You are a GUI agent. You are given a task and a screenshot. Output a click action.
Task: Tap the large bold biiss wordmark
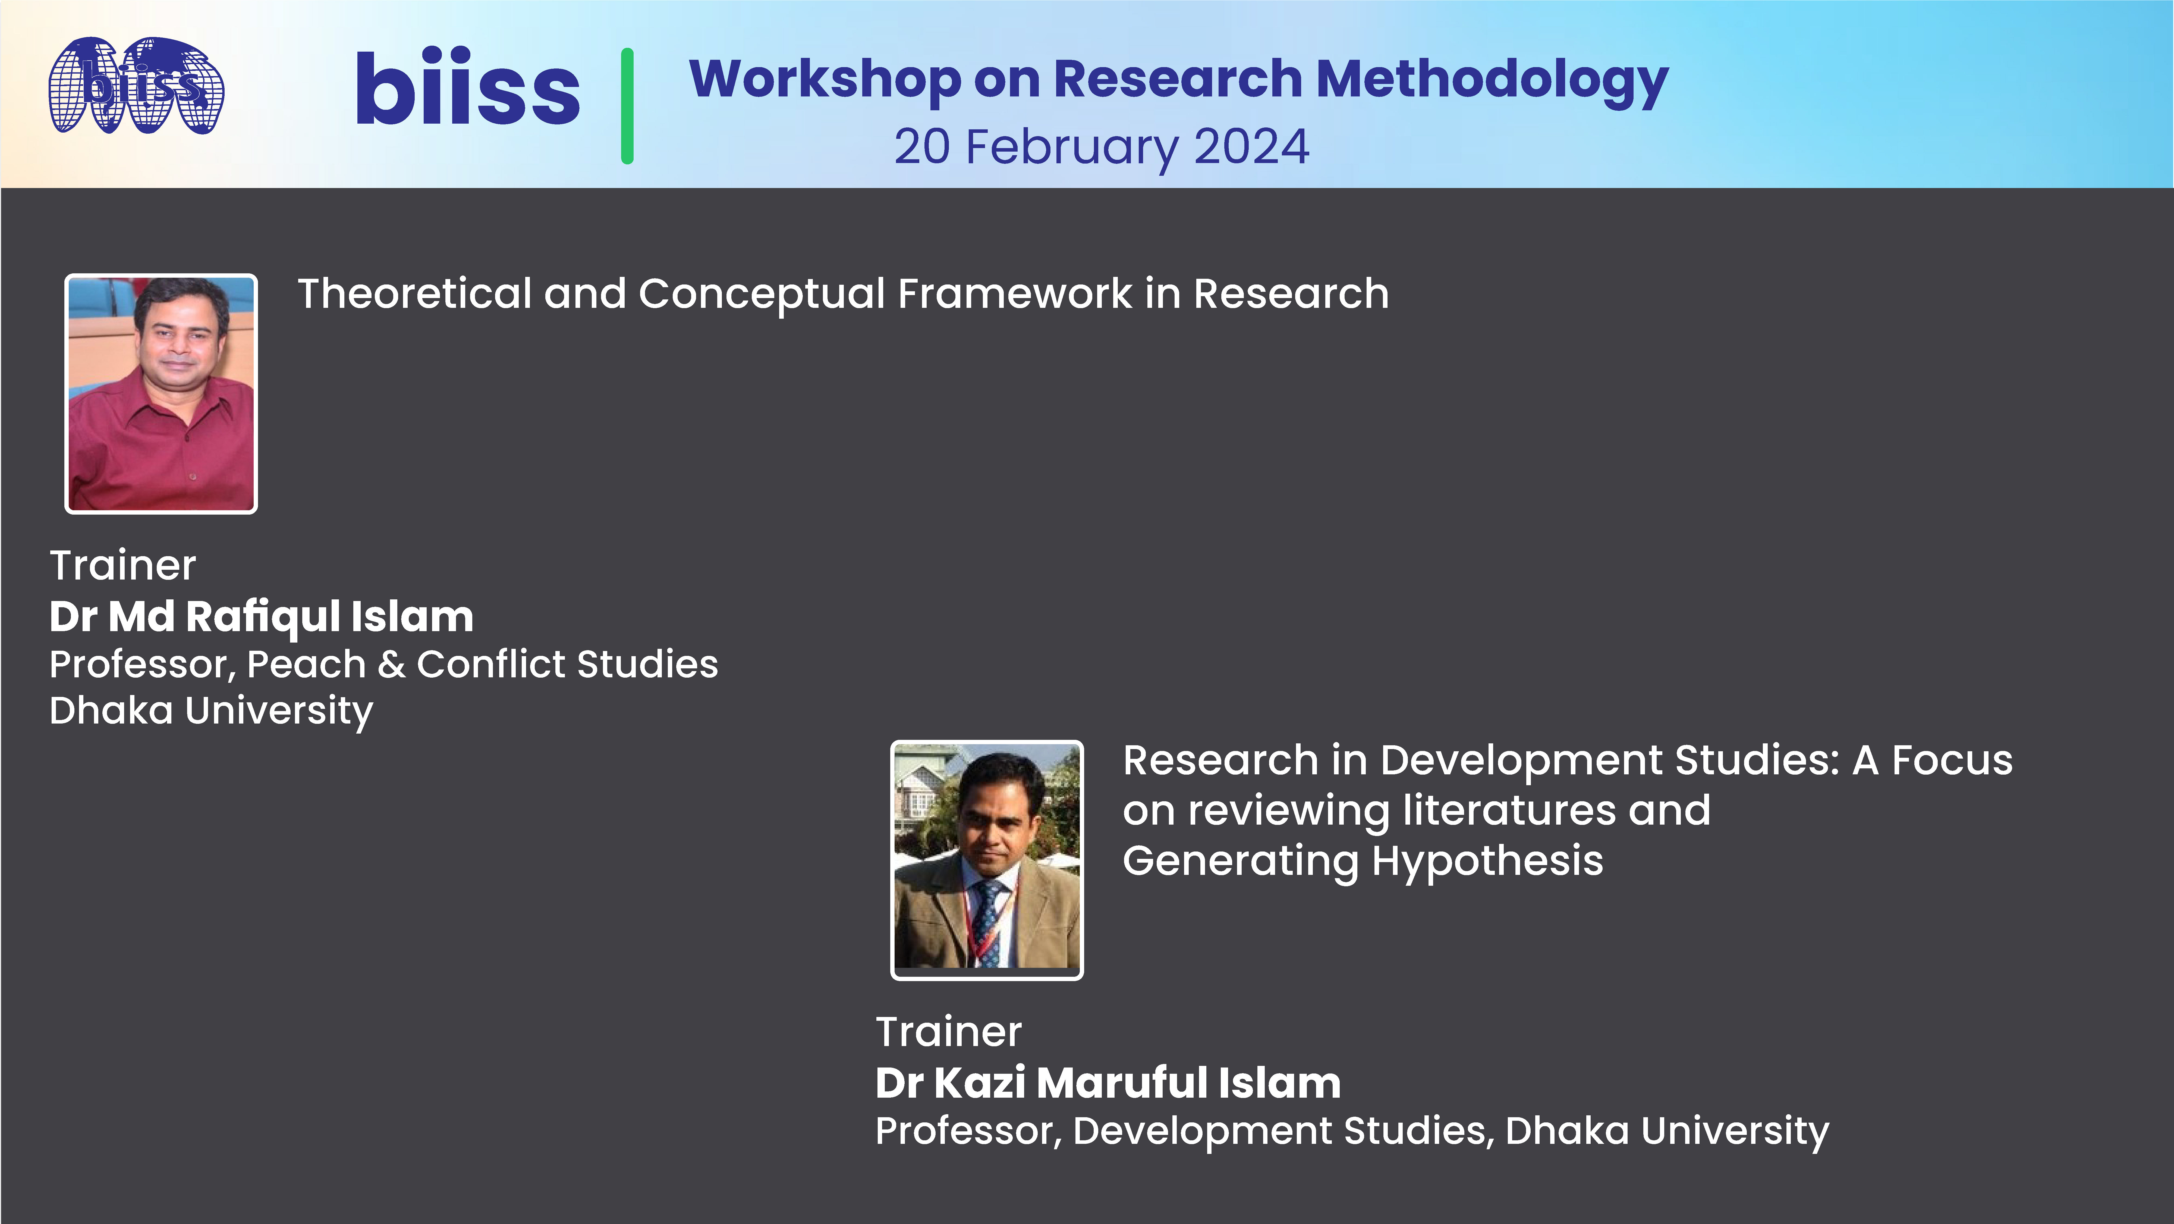coord(467,89)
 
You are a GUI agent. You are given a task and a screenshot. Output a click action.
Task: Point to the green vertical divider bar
coord(627,105)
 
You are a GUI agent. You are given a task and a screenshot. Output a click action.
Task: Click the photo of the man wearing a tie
coord(987,859)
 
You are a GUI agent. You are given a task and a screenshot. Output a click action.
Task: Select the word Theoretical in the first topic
coord(414,294)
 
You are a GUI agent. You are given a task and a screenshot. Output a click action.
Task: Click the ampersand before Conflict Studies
coord(391,664)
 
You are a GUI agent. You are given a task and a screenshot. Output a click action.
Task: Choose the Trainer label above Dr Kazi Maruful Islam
coord(949,1032)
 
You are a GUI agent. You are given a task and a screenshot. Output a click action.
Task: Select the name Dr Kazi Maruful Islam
coord(1107,1083)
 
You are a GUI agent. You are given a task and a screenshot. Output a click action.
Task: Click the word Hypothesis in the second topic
coord(1487,861)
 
